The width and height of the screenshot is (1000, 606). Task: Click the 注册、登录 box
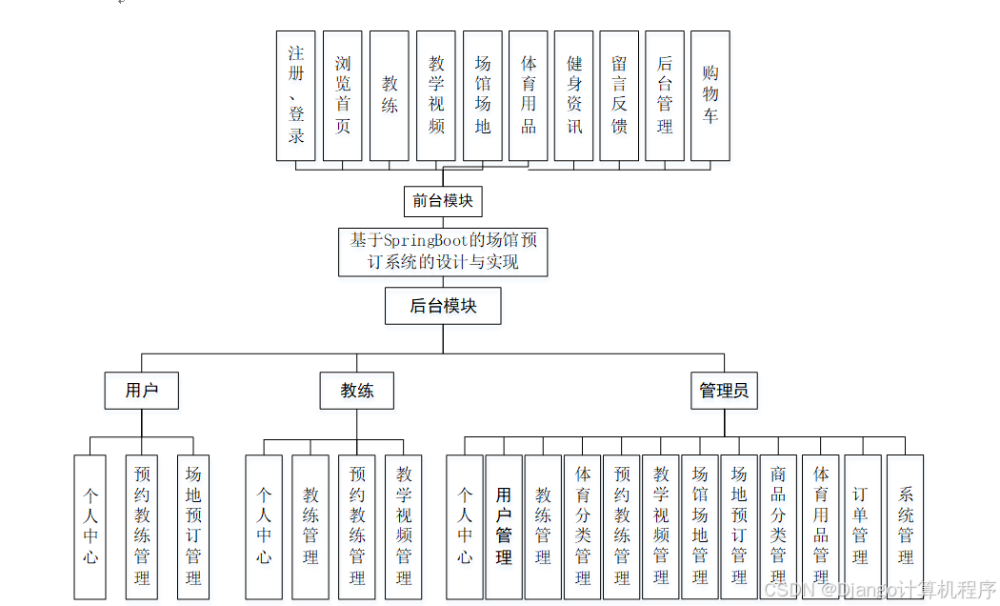click(295, 95)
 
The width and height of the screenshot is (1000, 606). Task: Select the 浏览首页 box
click(343, 95)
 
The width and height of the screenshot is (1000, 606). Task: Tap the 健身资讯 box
click(574, 95)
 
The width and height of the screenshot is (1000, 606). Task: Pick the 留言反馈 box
click(619, 95)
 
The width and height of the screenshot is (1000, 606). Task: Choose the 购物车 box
click(710, 95)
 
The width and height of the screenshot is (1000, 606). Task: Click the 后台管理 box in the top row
click(665, 95)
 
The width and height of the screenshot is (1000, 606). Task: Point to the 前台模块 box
click(443, 201)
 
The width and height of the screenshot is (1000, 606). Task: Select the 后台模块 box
click(443, 306)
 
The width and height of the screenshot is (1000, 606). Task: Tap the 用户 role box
click(141, 391)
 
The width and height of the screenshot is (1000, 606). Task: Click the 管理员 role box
click(724, 391)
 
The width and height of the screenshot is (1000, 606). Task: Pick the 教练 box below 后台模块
click(357, 391)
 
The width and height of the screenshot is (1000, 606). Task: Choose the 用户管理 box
click(504, 527)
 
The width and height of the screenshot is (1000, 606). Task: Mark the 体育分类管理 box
click(582, 527)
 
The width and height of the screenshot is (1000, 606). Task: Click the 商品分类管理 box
click(777, 527)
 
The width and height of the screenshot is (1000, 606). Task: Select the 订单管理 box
click(860, 527)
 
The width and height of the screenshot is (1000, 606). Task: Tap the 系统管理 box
click(905, 527)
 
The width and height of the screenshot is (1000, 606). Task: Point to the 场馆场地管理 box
click(699, 527)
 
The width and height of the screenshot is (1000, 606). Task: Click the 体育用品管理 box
click(820, 527)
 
